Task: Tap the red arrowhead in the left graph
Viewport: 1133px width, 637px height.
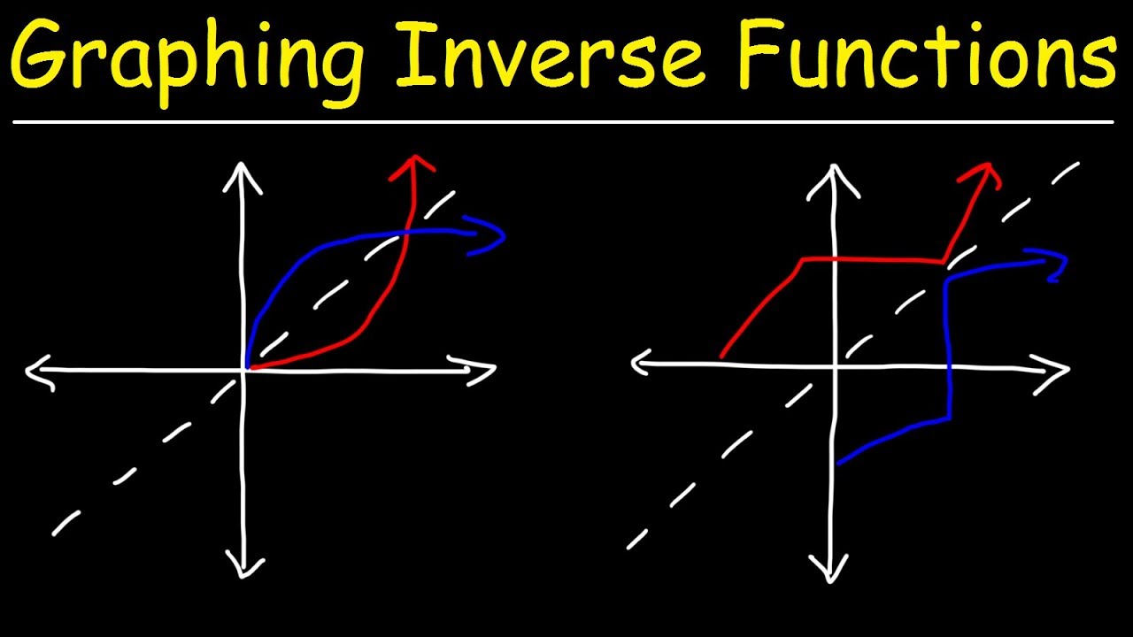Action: (412, 164)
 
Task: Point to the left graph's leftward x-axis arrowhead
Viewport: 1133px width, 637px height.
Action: (39, 372)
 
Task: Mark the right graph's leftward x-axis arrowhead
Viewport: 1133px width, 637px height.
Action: (643, 363)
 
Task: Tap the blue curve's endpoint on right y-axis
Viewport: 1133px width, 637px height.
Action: (837, 462)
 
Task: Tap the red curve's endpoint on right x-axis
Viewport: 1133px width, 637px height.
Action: (722, 357)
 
